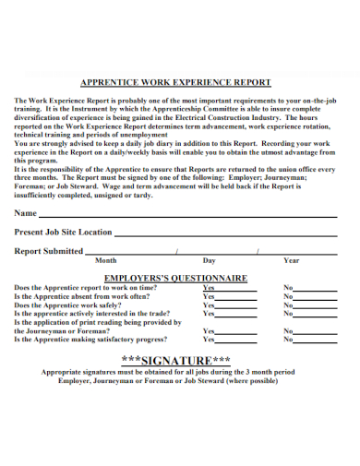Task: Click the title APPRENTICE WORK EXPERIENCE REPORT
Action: click(178, 82)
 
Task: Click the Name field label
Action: click(27, 212)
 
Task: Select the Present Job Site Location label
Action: click(64, 232)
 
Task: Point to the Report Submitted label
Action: click(50, 250)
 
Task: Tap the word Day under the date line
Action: click(210, 260)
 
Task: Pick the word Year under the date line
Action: click(292, 260)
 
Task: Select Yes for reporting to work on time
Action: click(209, 287)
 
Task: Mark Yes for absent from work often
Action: click(209, 296)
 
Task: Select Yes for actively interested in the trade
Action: click(209, 314)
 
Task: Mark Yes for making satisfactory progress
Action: click(209, 340)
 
